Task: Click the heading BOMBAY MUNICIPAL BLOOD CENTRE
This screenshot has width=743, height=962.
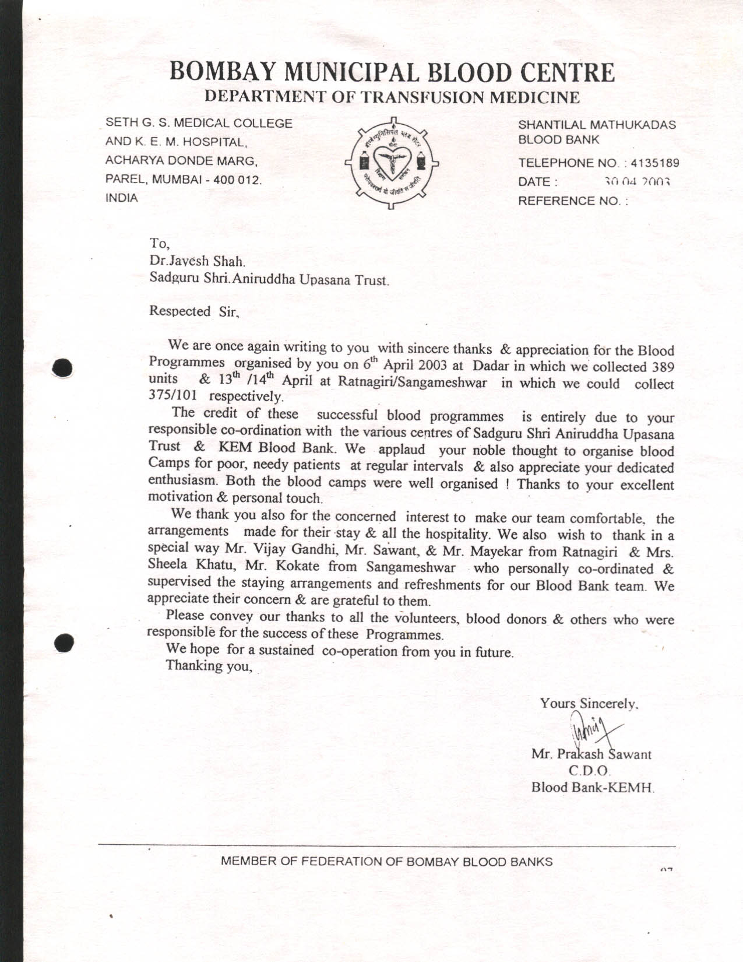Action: coord(392,73)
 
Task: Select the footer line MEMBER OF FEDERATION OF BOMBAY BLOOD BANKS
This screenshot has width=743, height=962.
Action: coord(386,861)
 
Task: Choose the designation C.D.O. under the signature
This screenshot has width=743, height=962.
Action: coord(591,771)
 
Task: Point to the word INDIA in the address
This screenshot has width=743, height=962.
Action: coord(121,198)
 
